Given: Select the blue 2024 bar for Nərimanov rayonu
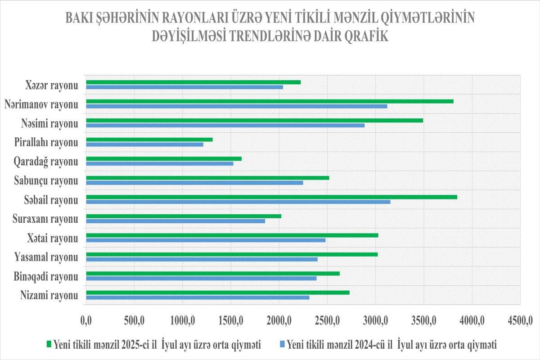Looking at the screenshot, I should (x=236, y=106).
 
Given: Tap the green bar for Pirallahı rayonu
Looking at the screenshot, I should (x=149, y=139).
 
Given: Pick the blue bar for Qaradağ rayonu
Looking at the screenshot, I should (x=159, y=163).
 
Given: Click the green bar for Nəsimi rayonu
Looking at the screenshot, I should (x=254, y=121).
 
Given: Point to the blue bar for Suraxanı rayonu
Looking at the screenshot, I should (x=175, y=221).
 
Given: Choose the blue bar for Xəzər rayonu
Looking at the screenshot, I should (x=184, y=87).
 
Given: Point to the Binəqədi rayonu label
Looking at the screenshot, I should (x=45, y=276).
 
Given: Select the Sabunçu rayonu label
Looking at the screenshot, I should (x=46, y=181).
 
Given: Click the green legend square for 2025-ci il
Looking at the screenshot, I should (x=49, y=345).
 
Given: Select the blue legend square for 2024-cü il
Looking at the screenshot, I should (x=283, y=345).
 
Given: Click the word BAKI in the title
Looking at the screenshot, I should (x=80, y=18).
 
